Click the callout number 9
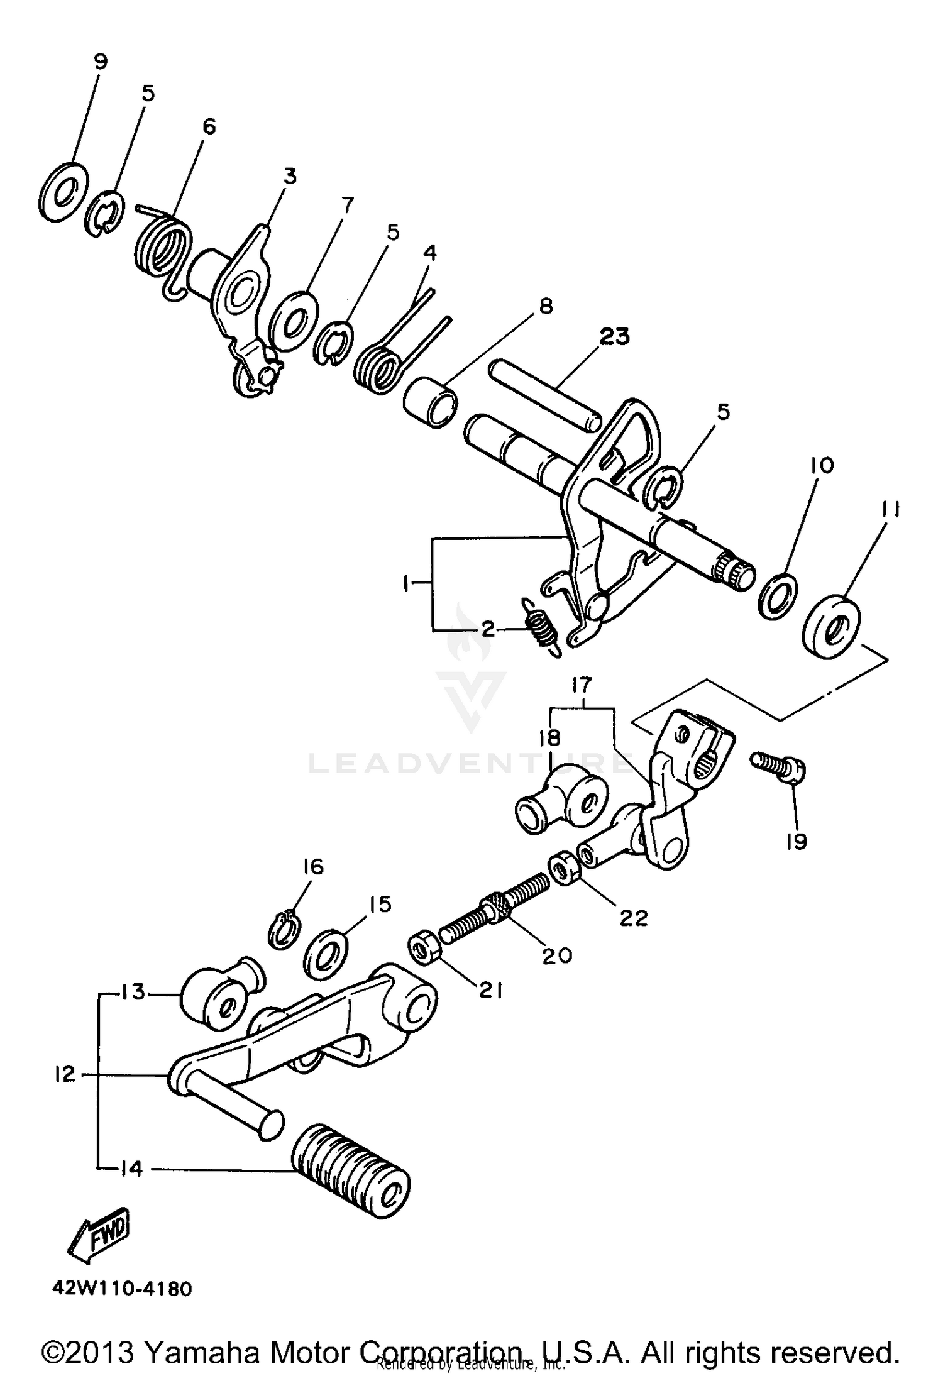(x=100, y=61)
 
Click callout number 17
(x=582, y=684)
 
